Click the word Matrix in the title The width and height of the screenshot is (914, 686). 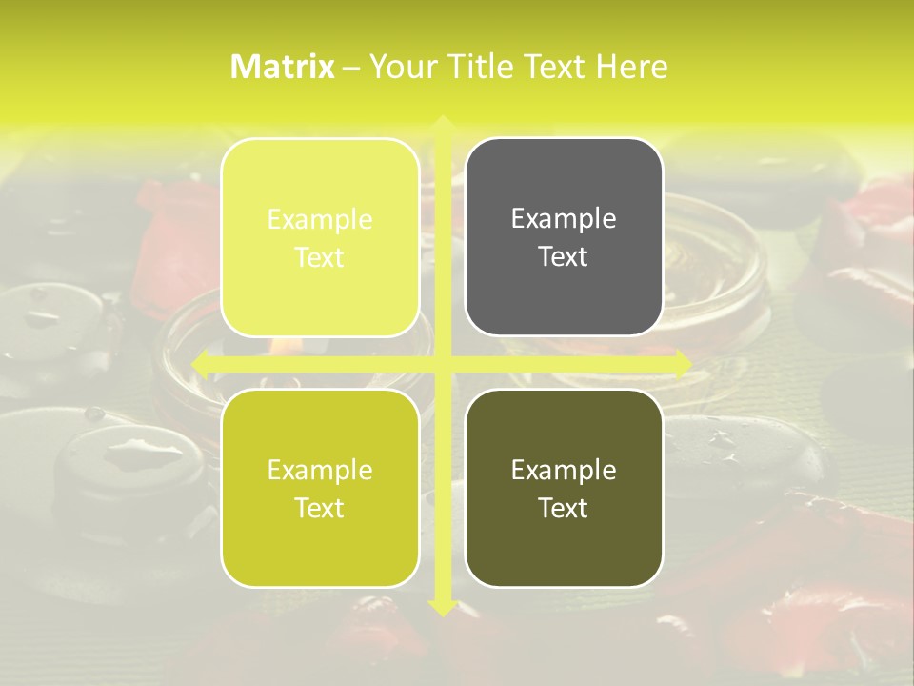click(x=283, y=67)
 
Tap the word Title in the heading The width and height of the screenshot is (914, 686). click(x=480, y=67)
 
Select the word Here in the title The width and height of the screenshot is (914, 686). click(x=631, y=67)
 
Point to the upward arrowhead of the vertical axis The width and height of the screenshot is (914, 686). click(x=442, y=125)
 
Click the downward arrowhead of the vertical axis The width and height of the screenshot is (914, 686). click(x=442, y=606)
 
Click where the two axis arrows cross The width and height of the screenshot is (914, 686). click(x=442, y=364)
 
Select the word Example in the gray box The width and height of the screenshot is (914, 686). click(x=564, y=219)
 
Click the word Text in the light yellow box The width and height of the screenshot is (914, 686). click(x=320, y=258)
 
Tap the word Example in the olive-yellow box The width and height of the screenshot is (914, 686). click(x=320, y=470)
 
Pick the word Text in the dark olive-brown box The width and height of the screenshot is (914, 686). click(x=564, y=508)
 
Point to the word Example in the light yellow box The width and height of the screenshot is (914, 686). click(x=320, y=220)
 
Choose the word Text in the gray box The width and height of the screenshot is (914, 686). click(x=564, y=257)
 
